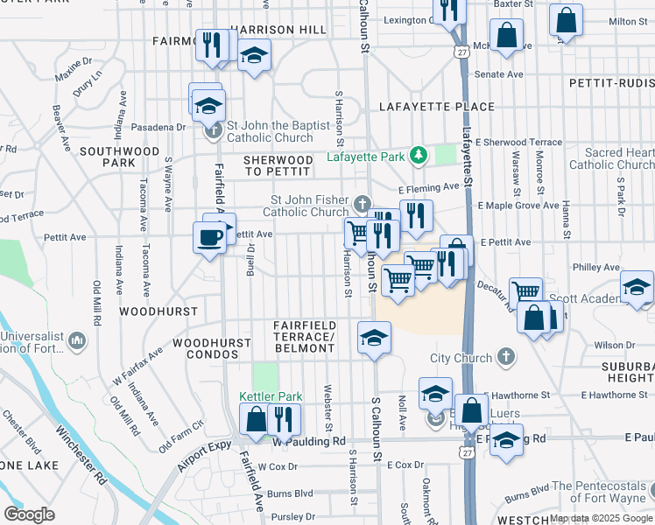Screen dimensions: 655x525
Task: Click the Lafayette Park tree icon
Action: click(x=419, y=156)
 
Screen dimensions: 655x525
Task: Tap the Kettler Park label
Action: click(x=271, y=396)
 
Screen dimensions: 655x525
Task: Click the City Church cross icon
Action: click(x=505, y=357)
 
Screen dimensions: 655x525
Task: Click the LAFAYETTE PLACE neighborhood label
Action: click(x=436, y=107)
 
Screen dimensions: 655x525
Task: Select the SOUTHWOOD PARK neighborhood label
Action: click(x=118, y=157)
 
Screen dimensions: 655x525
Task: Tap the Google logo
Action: click(x=29, y=514)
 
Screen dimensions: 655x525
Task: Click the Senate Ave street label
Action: click(x=499, y=74)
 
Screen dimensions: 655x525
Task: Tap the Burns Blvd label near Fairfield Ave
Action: click(x=292, y=493)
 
